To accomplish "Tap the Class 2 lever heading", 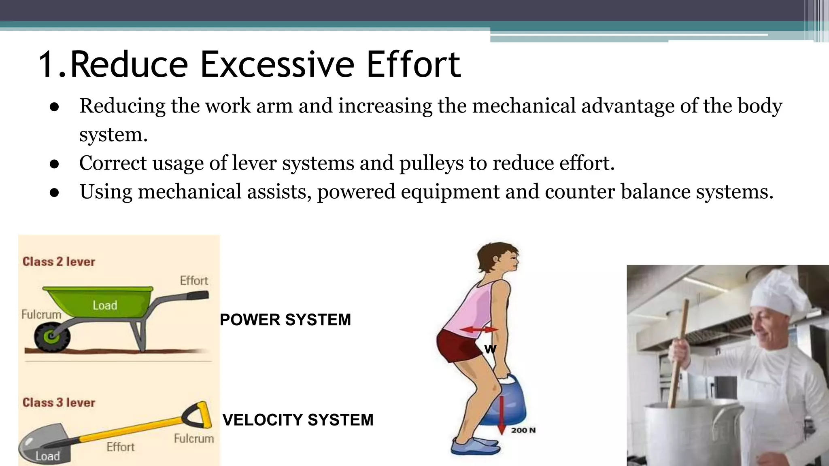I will click(x=59, y=262).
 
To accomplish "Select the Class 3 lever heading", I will click(x=59, y=402).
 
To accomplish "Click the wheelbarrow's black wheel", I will click(x=52, y=337).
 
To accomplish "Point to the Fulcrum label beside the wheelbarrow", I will click(x=41, y=314).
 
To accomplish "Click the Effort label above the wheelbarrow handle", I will click(x=194, y=280).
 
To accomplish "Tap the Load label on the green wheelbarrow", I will click(x=105, y=305).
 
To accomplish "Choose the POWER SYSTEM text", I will click(x=285, y=320).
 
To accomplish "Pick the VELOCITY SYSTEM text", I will click(x=298, y=419).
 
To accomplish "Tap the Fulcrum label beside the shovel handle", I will click(x=193, y=438).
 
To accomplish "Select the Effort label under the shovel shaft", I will click(x=120, y=447).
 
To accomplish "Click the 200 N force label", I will click(x=523, y=430).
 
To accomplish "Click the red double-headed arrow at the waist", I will click(x=479, y=330).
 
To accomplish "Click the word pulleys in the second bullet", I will click(x=432, y=163).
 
